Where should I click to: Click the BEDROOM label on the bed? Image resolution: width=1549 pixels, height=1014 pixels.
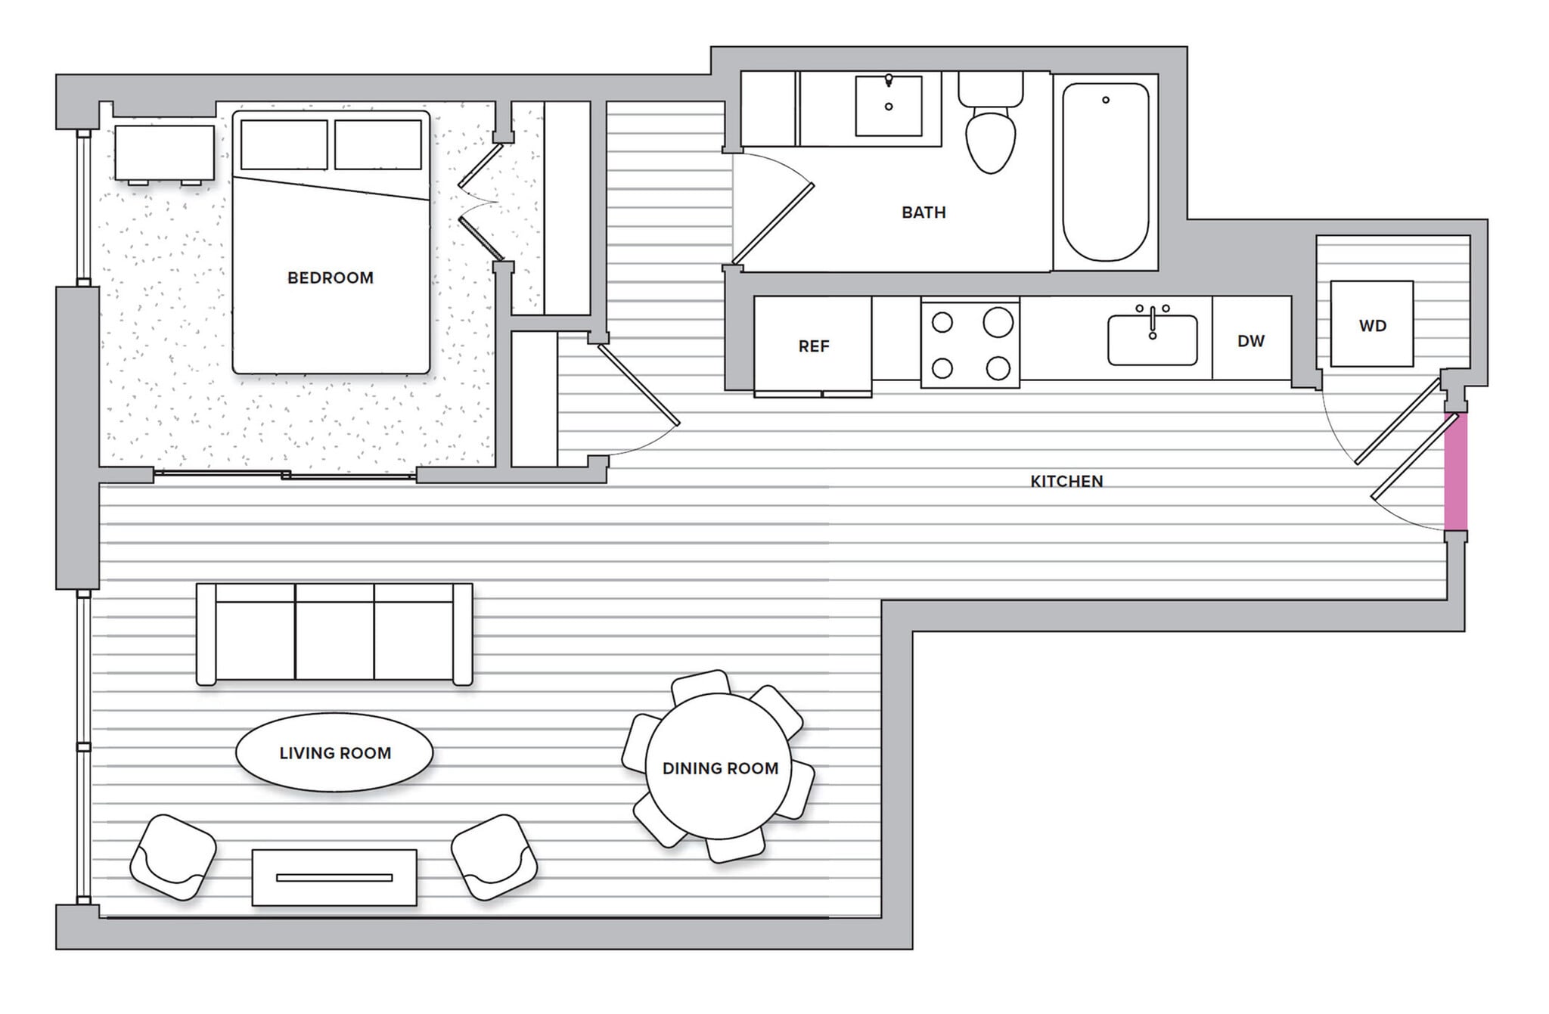point(331,278)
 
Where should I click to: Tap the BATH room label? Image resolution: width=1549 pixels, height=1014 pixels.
point(924,212)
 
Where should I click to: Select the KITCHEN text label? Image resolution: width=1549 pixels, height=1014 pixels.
point(1066,481)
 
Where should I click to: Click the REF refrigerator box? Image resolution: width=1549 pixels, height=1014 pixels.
point(813,346)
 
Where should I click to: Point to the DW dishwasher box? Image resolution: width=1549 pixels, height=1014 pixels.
point(1251,340)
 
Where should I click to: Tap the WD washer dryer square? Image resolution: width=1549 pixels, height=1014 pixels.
point(1372,325)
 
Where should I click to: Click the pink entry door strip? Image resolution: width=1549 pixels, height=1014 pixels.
point(1456,472)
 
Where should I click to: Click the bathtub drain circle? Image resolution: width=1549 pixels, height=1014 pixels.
point(1106,100)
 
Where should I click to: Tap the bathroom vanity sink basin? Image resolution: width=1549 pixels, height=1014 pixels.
point(889,106)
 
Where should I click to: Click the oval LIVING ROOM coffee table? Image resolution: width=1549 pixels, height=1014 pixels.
point(334,752)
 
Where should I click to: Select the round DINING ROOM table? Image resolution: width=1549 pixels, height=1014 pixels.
point(719,767)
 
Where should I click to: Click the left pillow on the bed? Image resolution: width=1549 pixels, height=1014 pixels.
point(284,144)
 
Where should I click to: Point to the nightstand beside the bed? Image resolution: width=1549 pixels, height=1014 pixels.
point(164,152)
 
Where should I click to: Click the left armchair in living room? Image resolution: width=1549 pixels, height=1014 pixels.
point(173,857)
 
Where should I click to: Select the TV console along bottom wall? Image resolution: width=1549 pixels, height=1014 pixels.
point(334,878)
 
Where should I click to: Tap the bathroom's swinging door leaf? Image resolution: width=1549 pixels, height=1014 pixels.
point(772,222)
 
